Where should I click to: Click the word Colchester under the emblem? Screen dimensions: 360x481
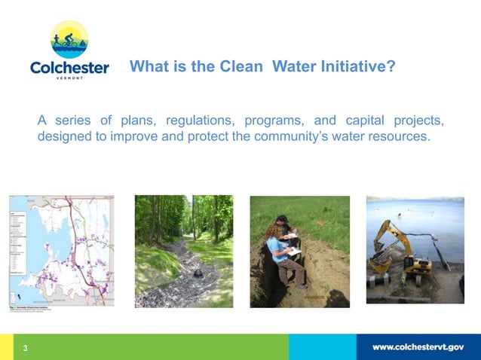coord(69,68)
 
